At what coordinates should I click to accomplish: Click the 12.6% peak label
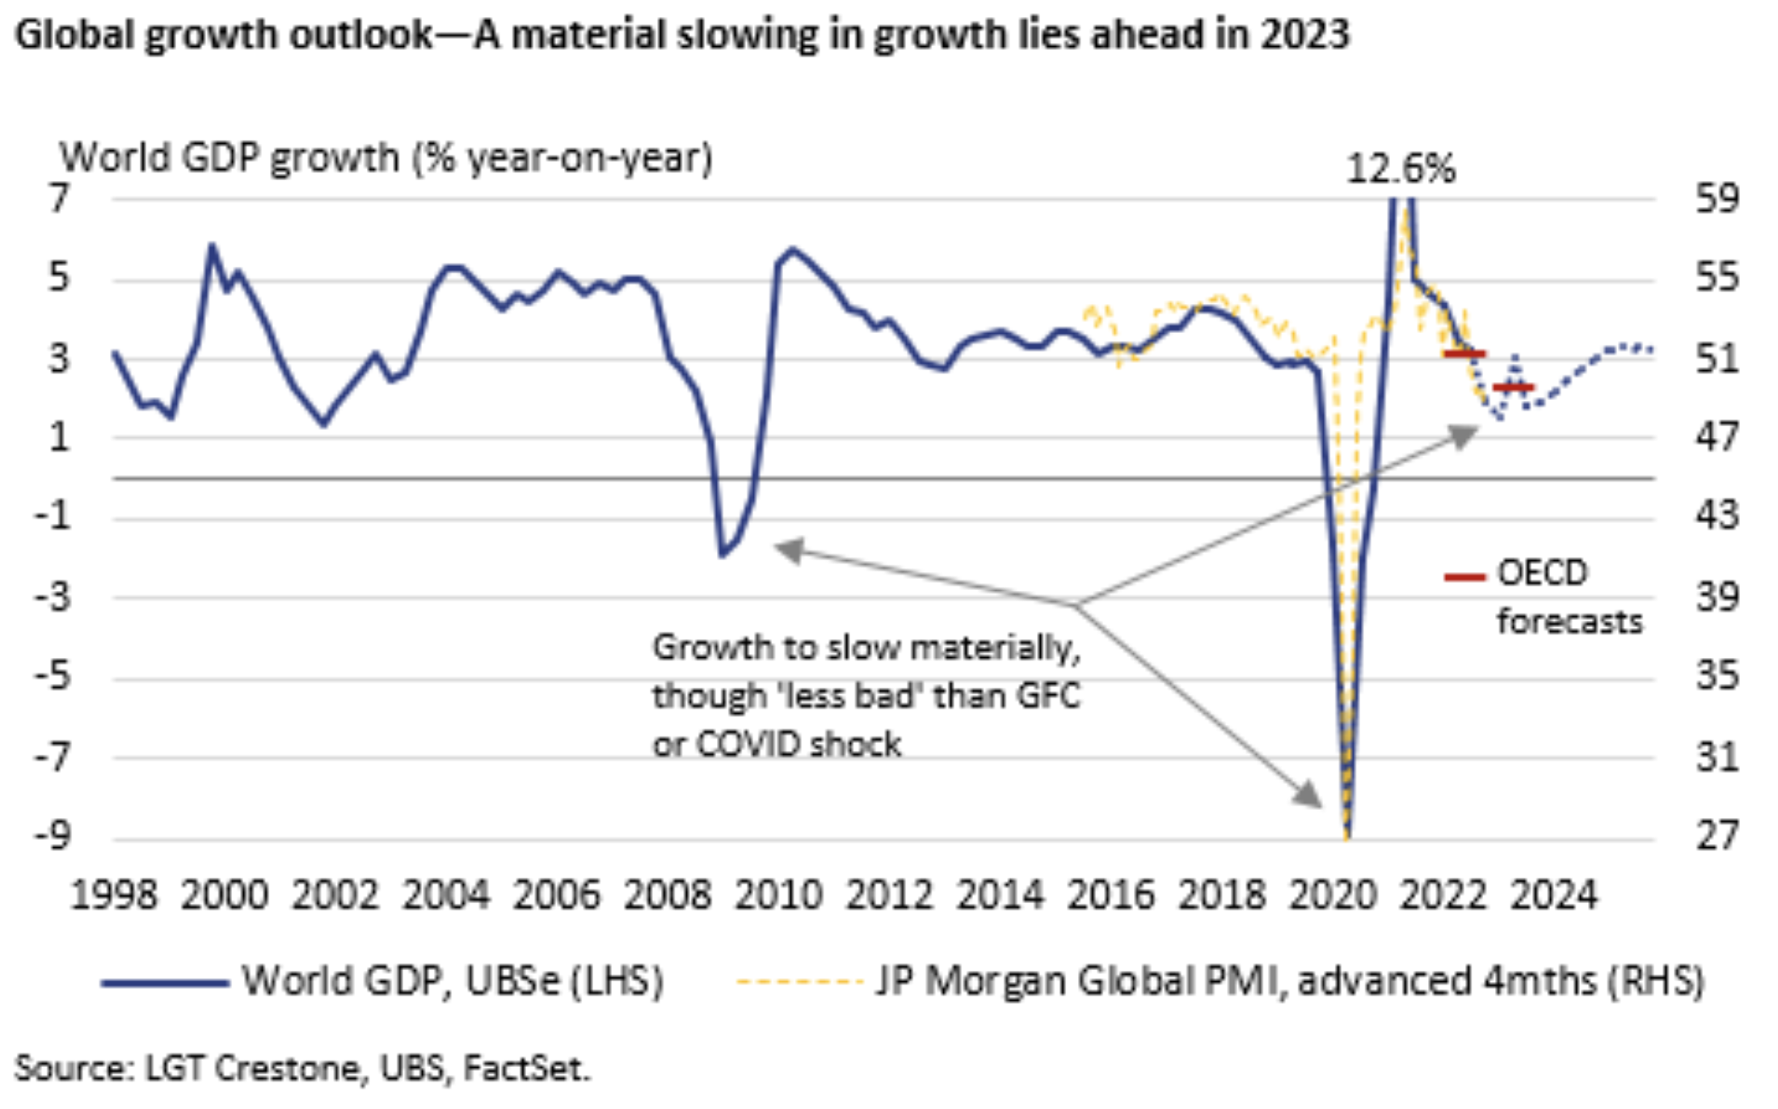(1401, 169)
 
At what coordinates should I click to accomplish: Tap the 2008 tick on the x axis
(668, 896)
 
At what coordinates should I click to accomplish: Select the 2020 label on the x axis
(1333, 896)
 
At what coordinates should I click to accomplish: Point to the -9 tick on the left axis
(53, 835)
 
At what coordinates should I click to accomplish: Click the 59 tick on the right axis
(1717, 198)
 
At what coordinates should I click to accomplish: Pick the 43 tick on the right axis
(1717, 515)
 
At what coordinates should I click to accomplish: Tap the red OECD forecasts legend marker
(1464, 577)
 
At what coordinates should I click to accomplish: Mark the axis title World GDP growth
(386, 157)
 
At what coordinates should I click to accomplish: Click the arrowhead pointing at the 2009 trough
(788, 550)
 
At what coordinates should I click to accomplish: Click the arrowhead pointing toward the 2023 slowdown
(1464, 436)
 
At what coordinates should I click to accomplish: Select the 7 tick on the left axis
(59, 198)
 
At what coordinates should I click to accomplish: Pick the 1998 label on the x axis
(113, 896)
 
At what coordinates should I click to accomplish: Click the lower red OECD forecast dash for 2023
(1513, 388)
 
